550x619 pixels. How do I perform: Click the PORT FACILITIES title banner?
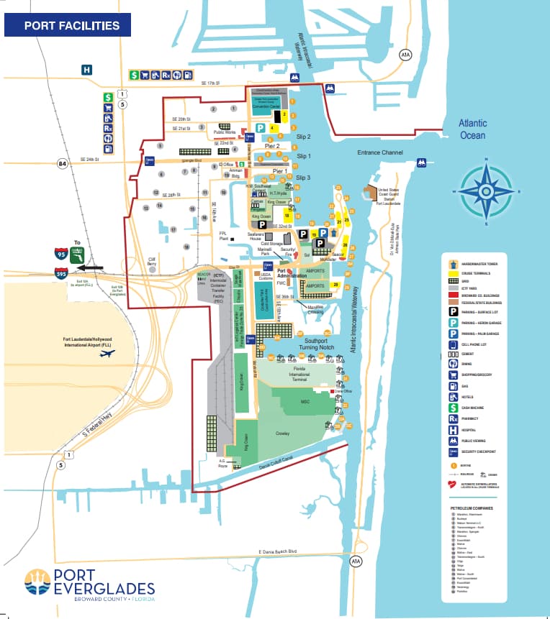[x=68, y=26]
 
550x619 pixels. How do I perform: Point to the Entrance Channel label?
[x=381, y=153]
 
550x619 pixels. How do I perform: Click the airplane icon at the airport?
[x=109, y=356]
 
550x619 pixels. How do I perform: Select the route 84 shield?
[x=62, y=164]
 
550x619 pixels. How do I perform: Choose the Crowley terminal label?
[x=282, y=434]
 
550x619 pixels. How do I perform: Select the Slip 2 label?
[x=303, y=137]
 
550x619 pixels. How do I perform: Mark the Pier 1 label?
[x=280, y=171]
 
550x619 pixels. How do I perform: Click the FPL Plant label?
[x=223, y=236]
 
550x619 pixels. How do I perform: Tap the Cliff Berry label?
[x=152, y=261]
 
